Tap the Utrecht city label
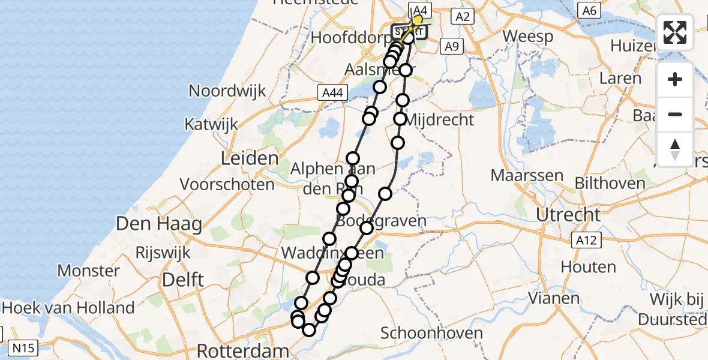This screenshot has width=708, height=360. tap(568, 214)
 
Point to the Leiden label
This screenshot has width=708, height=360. tap(250, 159)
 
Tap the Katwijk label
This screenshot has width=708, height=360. tap(211, 125)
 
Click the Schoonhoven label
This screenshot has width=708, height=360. tap(431, 334)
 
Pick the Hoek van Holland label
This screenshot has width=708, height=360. tap(68, 308)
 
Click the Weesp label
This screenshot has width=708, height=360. tap(527, 36)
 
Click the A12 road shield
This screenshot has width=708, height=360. tap(584, 241)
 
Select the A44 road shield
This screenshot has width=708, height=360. tap(332, 92)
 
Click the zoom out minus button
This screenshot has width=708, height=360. tap(675, 115)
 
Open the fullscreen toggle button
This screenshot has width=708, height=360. tap(675, 32)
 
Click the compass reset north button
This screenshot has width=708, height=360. tap(675, 149)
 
